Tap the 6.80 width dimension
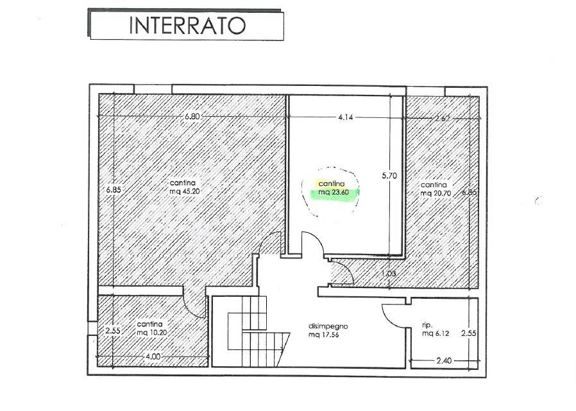pos(192,117)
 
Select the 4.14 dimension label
pos(346,117)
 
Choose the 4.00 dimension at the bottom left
pos(152,356)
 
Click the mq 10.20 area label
pos(152,332)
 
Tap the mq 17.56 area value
pos(324,334)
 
